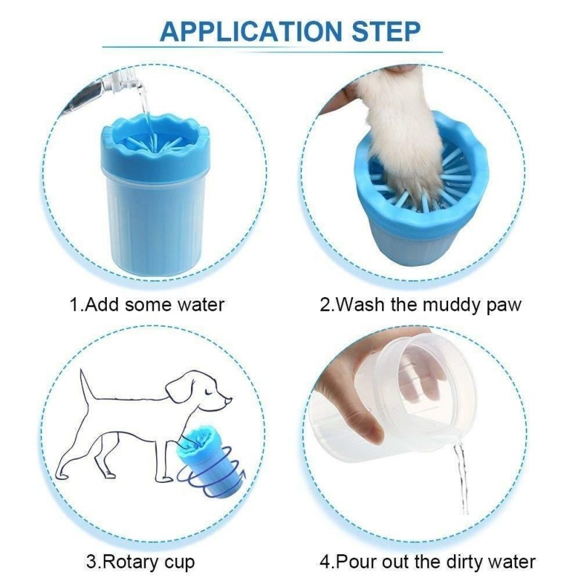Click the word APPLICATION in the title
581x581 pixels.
251,31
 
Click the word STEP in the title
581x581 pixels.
386,31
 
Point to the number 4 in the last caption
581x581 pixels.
325,561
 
